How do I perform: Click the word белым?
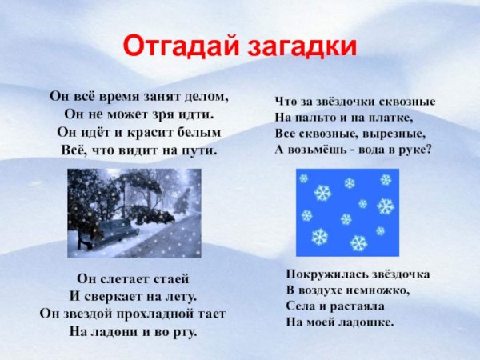click(201, 131)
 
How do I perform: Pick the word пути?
click(202, 150)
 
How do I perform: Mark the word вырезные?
click(398, 133)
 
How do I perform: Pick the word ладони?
click(126, 330)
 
